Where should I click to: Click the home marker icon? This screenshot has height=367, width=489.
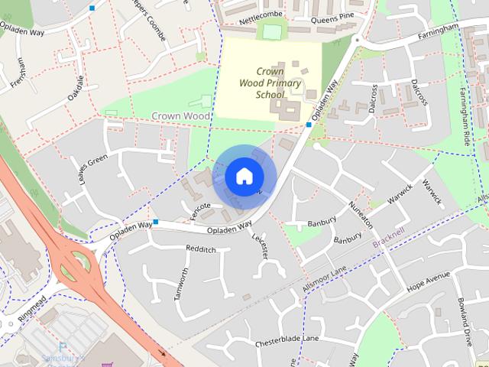(244, 176)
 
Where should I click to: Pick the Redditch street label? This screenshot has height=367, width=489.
(201, 249)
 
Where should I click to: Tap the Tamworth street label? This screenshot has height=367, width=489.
(181, 284)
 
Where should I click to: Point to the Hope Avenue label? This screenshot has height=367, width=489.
(428, 281)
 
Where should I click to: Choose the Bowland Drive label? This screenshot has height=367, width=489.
(465, 320)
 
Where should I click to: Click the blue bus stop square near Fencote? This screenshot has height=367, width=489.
(155, 222)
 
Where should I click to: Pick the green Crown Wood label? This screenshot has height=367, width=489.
(180, 115)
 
